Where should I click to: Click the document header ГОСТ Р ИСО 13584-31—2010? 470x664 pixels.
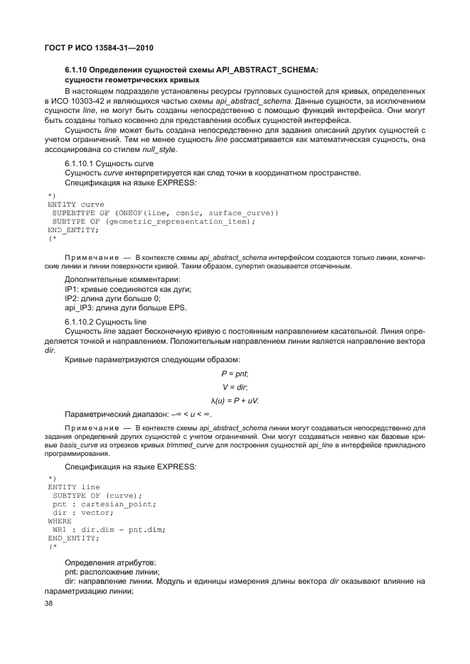click(95, 48)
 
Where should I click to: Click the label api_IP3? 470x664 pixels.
click(80, 307)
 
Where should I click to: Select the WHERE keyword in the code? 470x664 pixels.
click(59, 521)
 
